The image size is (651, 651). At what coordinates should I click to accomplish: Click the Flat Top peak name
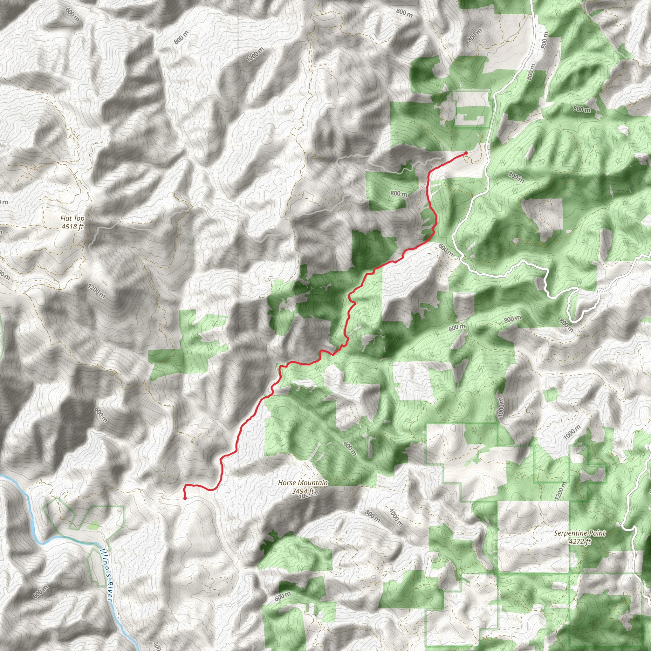pos(72,218)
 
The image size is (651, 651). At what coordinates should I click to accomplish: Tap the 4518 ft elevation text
pos(72,226)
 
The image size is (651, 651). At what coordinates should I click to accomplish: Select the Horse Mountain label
pos(303,483)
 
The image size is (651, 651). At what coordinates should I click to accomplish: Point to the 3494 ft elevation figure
pos(303,491)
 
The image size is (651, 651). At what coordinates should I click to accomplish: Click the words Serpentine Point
pos(579,533)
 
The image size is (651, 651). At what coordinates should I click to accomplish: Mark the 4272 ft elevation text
pos(579,541)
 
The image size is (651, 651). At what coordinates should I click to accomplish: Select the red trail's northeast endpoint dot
pos(466,153)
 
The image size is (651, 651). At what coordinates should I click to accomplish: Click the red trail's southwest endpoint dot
pos(185,498)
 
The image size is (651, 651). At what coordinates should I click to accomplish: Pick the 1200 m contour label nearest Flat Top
pos(97,291)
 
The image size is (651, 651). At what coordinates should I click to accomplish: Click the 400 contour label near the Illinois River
pos(157,646)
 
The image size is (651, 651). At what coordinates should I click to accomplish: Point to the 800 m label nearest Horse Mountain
pos(372,516)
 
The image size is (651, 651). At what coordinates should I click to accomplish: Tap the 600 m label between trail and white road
pos(445,249)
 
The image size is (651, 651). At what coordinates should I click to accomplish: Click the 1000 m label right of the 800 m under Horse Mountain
pos(396,517)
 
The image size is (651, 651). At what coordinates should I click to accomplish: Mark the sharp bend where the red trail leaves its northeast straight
pos(430,173)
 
